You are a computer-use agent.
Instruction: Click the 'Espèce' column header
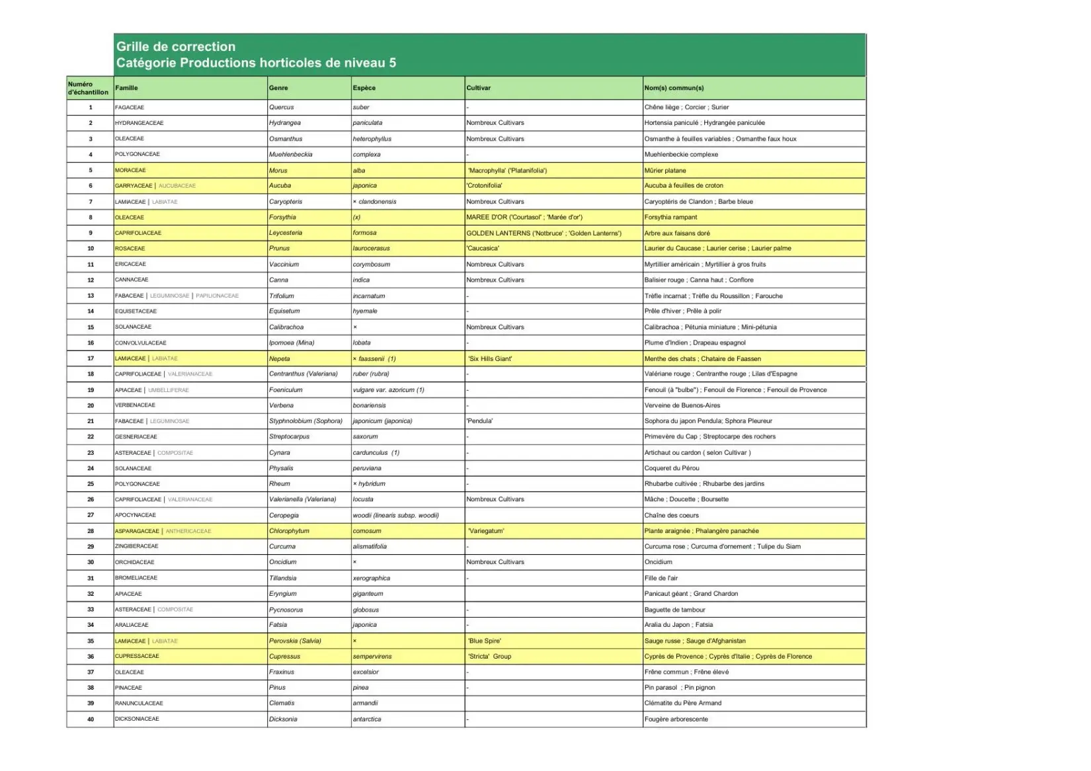364,88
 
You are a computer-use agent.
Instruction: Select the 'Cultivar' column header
479,88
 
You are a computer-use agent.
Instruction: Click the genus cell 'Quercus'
281,107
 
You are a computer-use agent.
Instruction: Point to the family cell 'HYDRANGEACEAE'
139,123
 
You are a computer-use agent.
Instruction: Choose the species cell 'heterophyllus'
372,139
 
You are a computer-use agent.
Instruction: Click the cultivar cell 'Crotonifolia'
485,186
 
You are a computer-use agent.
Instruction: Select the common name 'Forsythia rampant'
670,217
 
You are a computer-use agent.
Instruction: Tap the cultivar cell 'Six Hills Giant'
490,358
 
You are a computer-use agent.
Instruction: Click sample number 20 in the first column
91,405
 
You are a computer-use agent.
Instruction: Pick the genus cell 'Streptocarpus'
289,436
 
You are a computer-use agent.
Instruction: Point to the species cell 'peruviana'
367,468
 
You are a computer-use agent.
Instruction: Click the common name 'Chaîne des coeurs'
671,515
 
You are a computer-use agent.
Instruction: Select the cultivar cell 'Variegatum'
486,531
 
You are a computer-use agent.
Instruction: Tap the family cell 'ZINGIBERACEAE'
137,546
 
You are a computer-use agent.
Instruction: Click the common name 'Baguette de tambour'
674,610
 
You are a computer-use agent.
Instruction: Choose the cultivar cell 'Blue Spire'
485,641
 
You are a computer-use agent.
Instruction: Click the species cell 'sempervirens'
372,657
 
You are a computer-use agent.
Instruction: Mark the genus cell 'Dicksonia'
283,719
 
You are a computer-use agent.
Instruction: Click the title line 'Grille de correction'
176,47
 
